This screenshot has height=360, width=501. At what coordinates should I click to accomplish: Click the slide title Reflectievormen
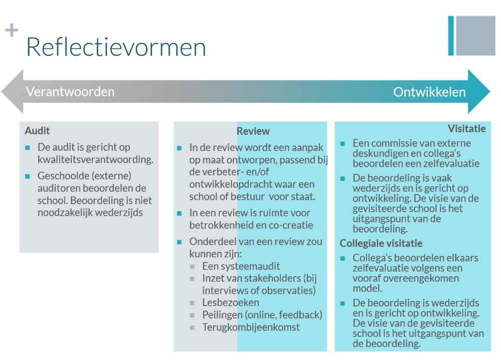click(116, 47)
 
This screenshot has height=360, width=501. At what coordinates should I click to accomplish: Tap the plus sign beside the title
click(12, 30)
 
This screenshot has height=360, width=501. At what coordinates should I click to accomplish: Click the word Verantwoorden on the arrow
click(70, 92)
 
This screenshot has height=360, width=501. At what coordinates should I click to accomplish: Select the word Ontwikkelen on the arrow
click(429, 92)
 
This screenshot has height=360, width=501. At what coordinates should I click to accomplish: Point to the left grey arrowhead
click(13, 92)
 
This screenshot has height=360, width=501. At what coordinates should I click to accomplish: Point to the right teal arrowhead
click(478, 92)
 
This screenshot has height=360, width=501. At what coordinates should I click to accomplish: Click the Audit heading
click(38, 131)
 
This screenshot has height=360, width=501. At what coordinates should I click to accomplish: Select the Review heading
click(253, 131)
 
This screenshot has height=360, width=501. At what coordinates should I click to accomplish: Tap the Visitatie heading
click(466, 128)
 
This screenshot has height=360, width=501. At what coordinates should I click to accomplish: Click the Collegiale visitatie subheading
click(381, 243)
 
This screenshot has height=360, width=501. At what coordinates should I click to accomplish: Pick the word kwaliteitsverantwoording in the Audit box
click(95, 159)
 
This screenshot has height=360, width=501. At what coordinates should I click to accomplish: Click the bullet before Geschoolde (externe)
click(28, 176)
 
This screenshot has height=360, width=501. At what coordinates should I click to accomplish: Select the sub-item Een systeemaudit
click(241, 266)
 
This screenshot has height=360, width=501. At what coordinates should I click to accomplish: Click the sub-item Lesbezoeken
click(231, 302)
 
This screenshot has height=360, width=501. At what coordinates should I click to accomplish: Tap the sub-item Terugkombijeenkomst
click(251, 327)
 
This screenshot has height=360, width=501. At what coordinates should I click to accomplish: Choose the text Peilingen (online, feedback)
click(262, 315)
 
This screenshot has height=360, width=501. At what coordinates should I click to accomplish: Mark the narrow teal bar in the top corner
click(451, 36)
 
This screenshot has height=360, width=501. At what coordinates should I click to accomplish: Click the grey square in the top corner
click(476, 36)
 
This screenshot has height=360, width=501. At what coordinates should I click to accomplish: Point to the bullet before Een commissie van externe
click(343, 144)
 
